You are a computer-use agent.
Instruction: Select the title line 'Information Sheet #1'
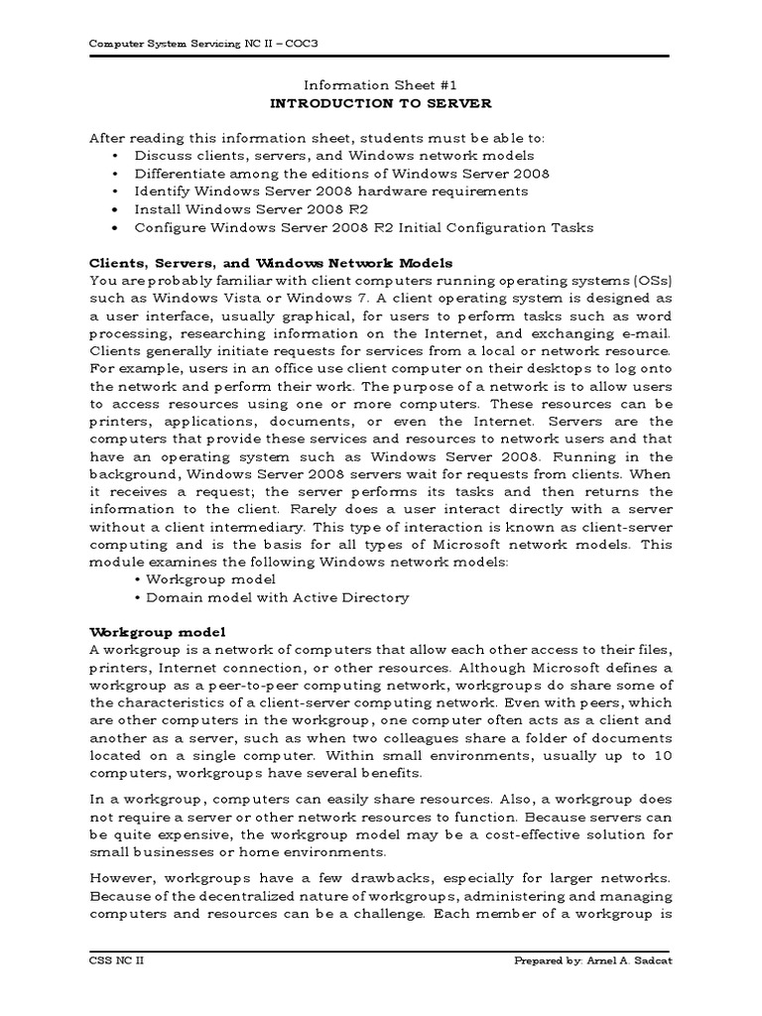point(381,85)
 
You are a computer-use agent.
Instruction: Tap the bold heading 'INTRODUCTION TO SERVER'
point(381,103)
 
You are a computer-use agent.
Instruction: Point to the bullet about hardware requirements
point(331,191)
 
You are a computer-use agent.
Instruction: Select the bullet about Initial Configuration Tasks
point(364,227)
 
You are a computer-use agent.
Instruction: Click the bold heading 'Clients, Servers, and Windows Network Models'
point(271,263)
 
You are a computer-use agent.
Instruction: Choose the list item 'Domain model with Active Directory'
point(277,598)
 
